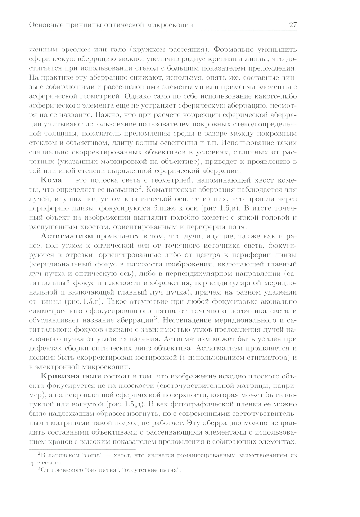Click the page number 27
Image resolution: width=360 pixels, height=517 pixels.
(292, 25)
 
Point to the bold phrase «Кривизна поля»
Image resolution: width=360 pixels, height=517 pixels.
(71, 376)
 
